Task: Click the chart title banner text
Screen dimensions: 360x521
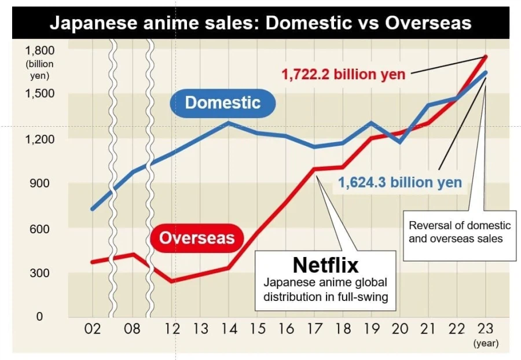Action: click(x=260, y=23)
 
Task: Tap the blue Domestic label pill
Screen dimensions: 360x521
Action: click(x=223, y=103)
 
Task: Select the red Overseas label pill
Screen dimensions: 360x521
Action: click(x=197, y=237)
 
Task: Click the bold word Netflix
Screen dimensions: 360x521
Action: click(x=325, y=265)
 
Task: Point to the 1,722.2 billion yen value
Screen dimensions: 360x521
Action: click(x=343, y=74)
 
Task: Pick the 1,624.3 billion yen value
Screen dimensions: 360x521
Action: click(x=400, y=183)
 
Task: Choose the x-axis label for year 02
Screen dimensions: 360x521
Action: click(x=92, y=329)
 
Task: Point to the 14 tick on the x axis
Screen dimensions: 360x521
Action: click(x=229, y=329)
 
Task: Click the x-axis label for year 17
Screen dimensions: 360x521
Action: click(x=314, y=329)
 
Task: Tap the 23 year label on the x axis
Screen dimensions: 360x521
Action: click(x=485, y=329)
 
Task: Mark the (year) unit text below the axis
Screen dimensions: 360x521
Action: click(x=486, y=343)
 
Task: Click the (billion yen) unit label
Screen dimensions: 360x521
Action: click(x=39, y=69)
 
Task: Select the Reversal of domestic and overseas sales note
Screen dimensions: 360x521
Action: click(x=460, y=232)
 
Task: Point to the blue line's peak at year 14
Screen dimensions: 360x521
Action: click(x=229, y=123)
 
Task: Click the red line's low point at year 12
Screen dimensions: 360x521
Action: click(x=172, y=281)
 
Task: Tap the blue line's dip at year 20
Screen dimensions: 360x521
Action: click(x=399, y=141)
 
